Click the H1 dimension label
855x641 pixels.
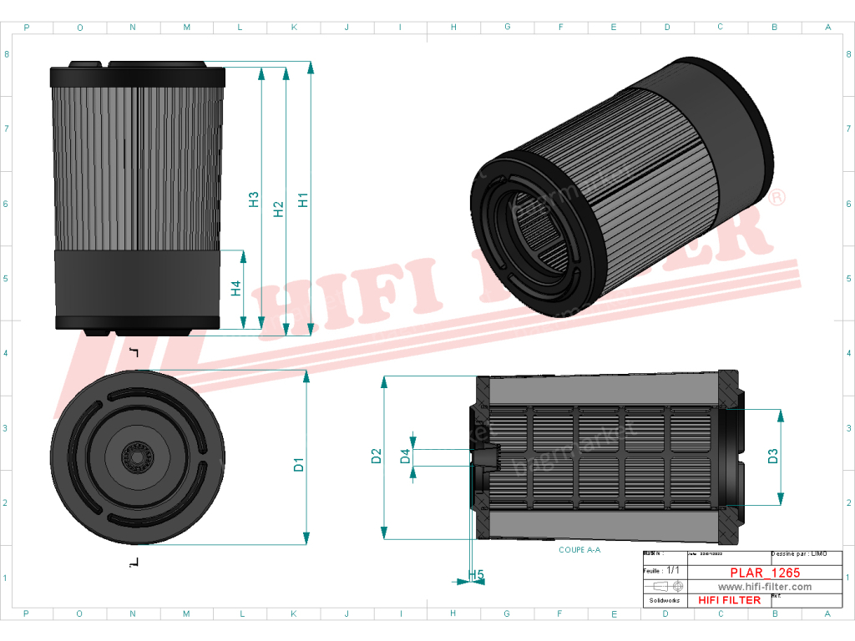click(x=304, y=200)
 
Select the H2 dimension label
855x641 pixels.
click(x=279, y=209)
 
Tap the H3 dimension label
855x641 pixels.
click(x=254, y=200)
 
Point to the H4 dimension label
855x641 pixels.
click(x=236, y=288)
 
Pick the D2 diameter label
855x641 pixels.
click(x=377, y=457)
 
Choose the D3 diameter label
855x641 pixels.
click(x=773, y=457)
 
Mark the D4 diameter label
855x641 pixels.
click(x=405, y=457)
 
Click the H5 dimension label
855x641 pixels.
click(x=476, y=575)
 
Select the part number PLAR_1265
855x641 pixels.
click(x=765, y=573)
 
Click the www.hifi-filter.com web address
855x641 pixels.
click(x=765, y=587)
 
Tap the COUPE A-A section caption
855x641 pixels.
click(x=579, y=551)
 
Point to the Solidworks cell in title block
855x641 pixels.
click(x=664, y=600)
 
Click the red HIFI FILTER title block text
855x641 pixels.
click(x=729, y=600)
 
